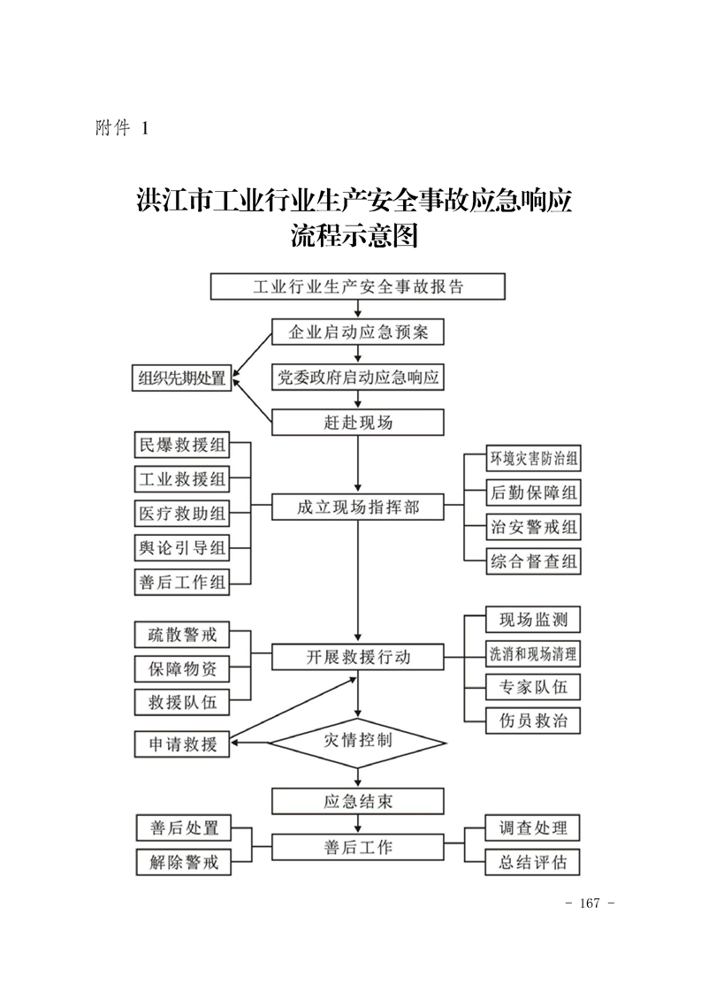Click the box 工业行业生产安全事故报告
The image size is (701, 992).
(357, 287)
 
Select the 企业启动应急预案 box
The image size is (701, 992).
(357, 332)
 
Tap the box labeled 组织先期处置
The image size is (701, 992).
(181, 378)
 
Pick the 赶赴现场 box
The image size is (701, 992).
(357, 423)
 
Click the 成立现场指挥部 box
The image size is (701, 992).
(357, 507)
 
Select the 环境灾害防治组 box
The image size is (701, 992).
(535, 459)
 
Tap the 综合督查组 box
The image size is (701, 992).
(535, 561)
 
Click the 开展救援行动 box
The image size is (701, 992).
(357, 658)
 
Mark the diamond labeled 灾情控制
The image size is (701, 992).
(357, 741)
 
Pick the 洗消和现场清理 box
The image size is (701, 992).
(533, 653)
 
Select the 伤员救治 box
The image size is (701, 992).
(533, 720)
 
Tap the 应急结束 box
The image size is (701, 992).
(357, 802)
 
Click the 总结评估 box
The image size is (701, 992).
(533, 861)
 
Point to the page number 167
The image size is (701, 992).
(589, 904)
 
